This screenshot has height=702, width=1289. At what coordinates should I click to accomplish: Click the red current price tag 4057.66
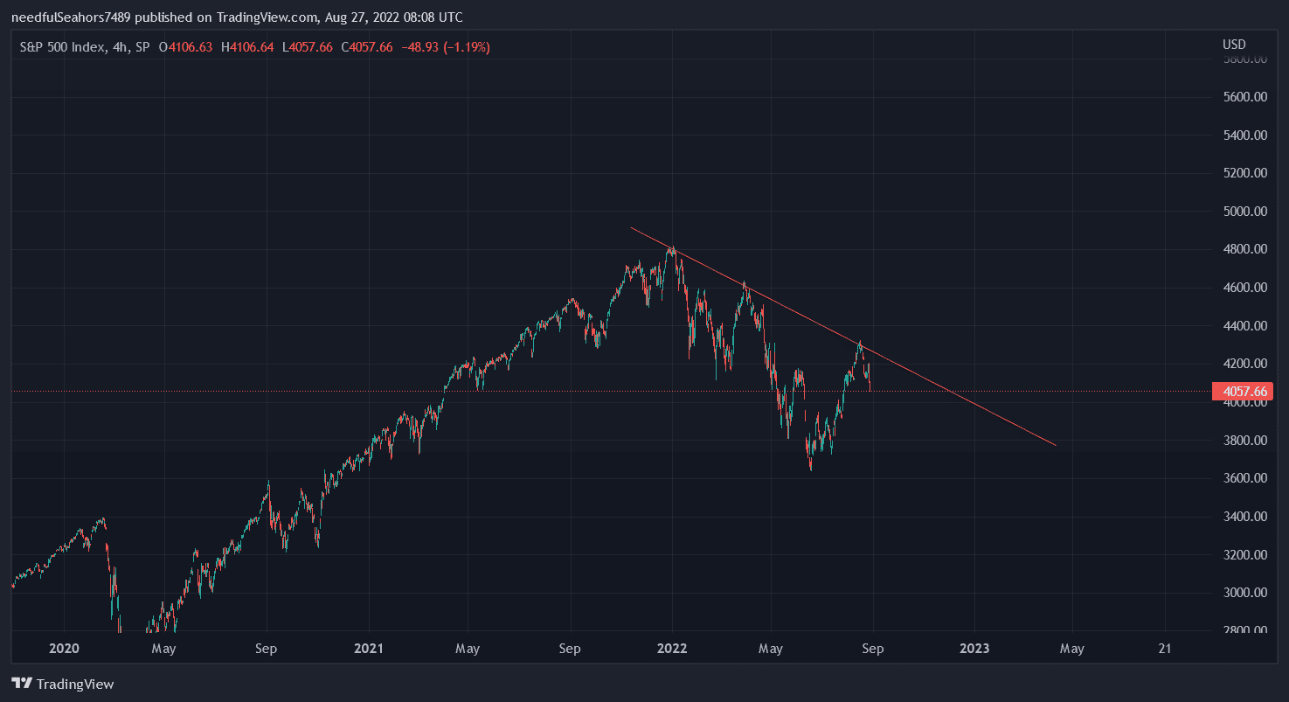point(1242,392)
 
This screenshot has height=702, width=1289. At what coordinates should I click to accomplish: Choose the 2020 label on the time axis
point(64,649)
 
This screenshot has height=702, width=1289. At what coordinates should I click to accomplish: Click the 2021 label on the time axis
point(368,649)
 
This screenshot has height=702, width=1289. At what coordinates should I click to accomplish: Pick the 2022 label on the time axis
point(672,649)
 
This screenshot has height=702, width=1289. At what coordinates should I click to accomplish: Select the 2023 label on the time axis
point(974,649)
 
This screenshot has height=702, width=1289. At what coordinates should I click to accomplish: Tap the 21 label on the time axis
point(1165,649)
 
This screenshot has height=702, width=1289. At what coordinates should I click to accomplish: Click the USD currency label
point(1234,45)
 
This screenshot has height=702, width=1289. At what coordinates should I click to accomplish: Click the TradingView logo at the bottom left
point(63,684)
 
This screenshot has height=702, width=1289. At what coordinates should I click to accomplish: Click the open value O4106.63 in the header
point(185,47)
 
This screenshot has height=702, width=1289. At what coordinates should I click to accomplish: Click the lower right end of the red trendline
point(1056,445)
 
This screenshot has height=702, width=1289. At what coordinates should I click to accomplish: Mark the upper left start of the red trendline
point(631,228)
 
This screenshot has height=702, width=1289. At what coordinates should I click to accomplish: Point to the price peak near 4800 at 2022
point(671,247)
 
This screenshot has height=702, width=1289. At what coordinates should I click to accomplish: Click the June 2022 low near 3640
point(811,469)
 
